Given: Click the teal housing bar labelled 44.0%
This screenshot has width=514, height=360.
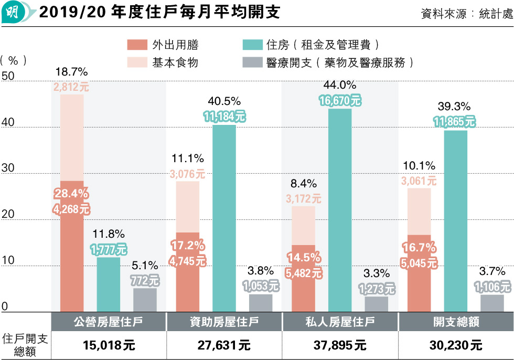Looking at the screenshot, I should click(x=339, y=210).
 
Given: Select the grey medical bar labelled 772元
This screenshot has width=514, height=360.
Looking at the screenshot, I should click(x=145, y=300).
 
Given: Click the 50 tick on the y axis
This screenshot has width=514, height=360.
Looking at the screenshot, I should click(x=8, y=77).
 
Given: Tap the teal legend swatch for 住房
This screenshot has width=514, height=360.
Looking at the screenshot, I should click(x=252, y=45).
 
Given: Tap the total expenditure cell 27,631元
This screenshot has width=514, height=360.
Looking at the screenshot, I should click(x=224, y=346).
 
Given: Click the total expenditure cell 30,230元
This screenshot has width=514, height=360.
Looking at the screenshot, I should click(x=456, y=346).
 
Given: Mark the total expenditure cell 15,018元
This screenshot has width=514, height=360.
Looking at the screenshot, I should click(x=108, y=346).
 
